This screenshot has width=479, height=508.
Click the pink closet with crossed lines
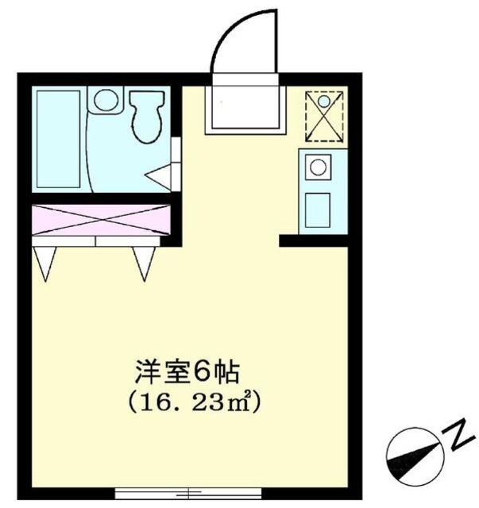tap(102, 219)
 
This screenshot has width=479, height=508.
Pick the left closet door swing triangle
tap(45, 260)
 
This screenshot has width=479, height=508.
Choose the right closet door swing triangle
tap(144, 260)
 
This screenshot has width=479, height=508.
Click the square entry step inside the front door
tap(245, 106)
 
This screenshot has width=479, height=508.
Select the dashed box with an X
tap(326, 116)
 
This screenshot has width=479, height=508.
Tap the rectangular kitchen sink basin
tap(318, 209)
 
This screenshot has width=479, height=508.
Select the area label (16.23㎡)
tap(194, 401)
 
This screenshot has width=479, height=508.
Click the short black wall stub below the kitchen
tap(313, 240)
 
